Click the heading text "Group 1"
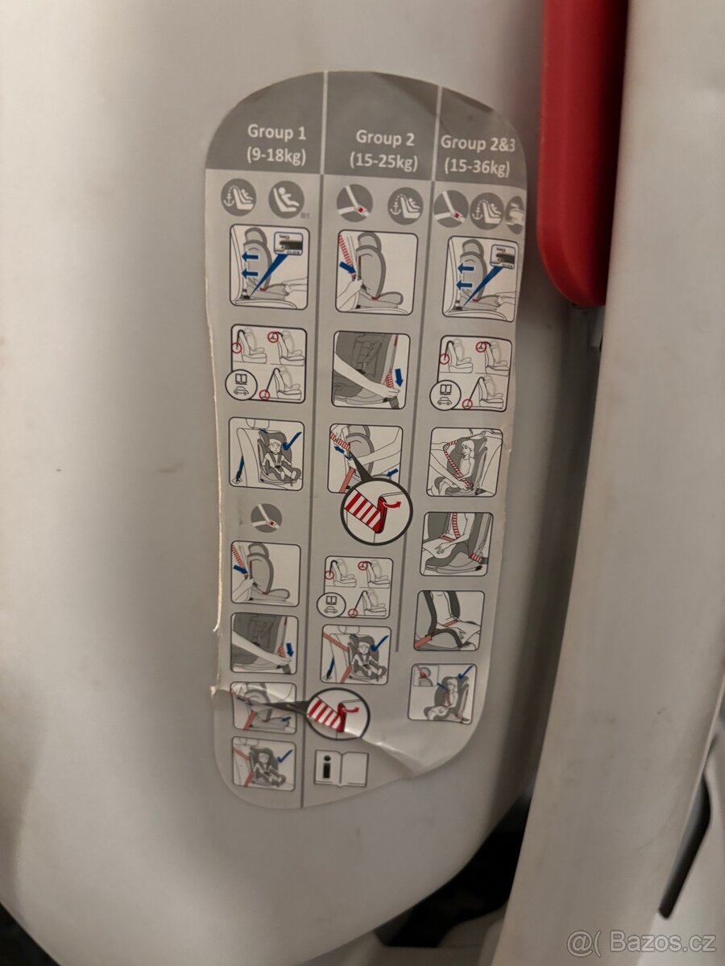coord(276,133)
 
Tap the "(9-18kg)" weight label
coord(276,155)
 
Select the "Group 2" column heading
coord(385,138)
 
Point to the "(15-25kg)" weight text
coord(383,162)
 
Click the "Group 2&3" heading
coord(478,144)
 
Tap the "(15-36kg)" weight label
coord(477,167)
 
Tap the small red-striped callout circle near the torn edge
coord(338,715)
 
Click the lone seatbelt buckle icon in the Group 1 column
coord(266,518)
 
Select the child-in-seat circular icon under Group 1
coord(286,200)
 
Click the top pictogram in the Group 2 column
coord(376,273)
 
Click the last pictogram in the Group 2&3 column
coord(442,694)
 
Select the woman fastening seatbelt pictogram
coord(464,461)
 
